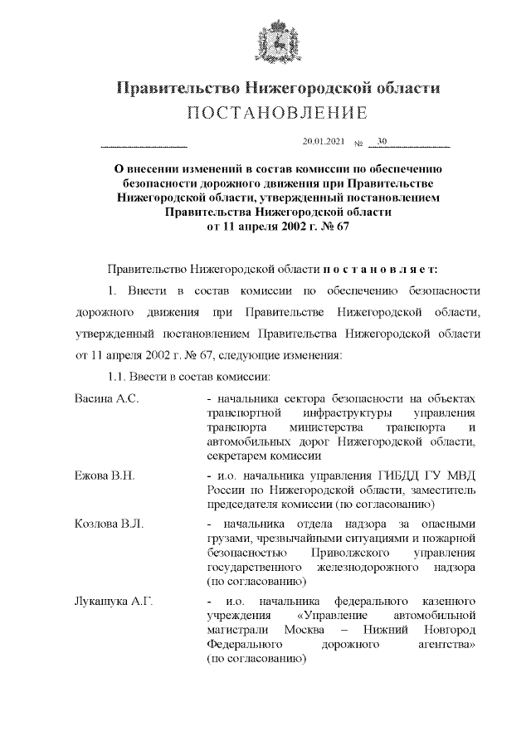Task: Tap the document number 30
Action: coord(382,142)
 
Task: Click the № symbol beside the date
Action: coord(358,144)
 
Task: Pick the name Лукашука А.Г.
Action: coord(113,599)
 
